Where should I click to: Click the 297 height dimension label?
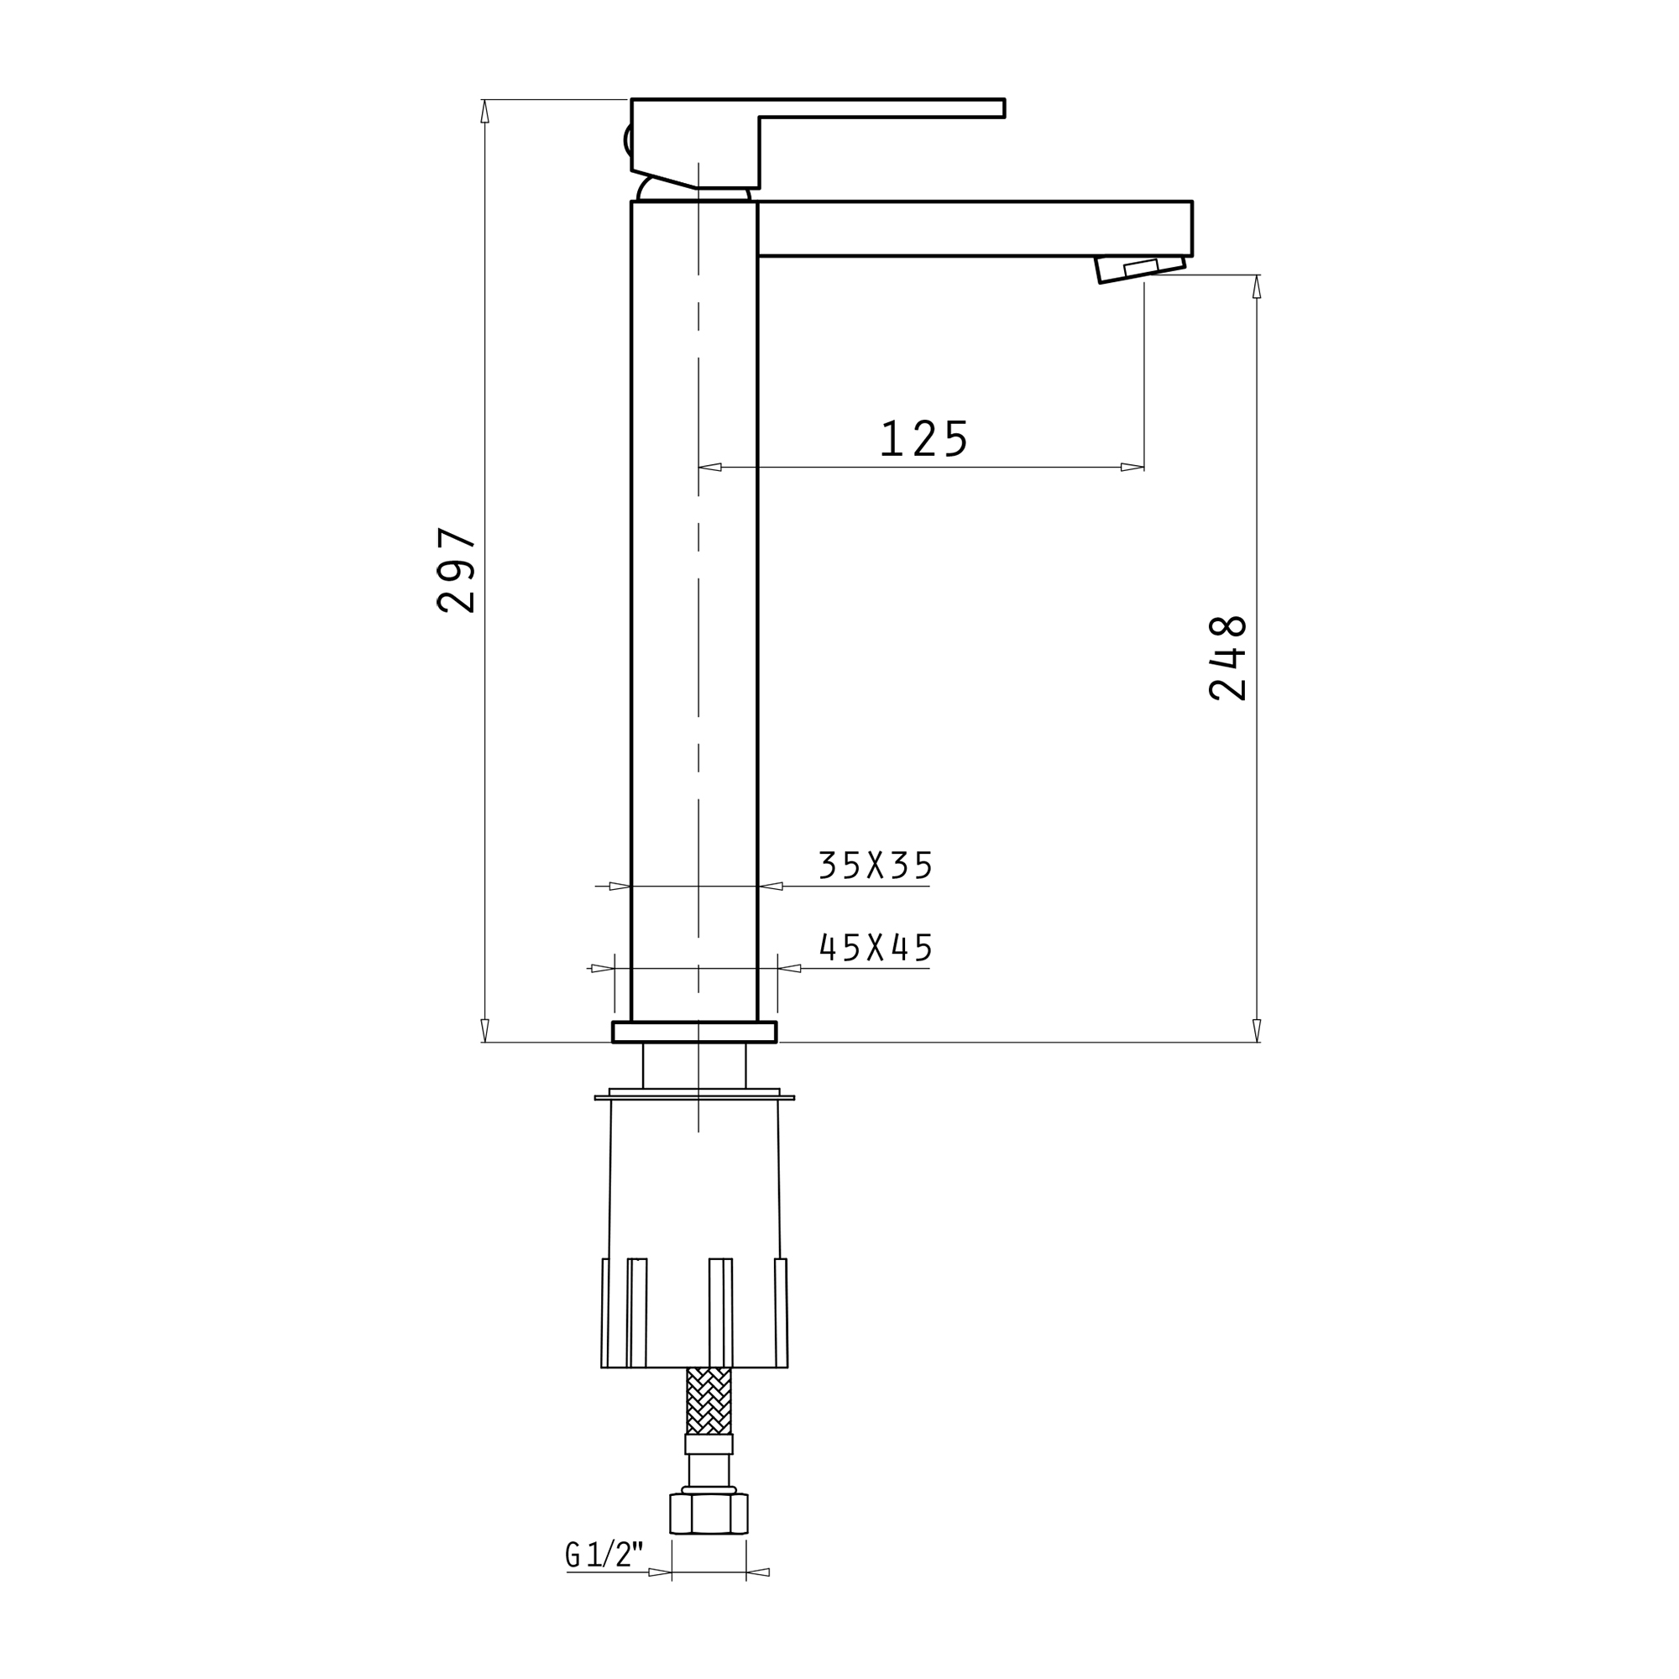[456, 570]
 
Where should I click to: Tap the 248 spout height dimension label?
[1228, 658]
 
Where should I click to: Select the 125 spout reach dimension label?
[924, 438]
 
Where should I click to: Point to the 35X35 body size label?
[875, 865]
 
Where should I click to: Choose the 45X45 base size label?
[876, 947]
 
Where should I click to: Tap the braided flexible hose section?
[709, 1401]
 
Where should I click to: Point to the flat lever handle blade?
[881, 107]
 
